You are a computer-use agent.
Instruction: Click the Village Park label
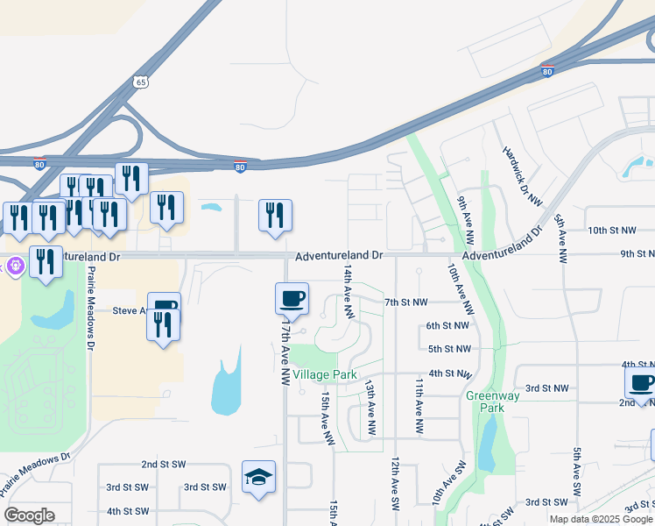[x=325, y=374]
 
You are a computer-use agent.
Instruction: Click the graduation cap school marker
[x=258, y=477]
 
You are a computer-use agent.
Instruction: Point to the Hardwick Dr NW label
[x=522, y=175]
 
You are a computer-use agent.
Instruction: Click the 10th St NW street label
[x=611, y=231]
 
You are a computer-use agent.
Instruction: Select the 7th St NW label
[x=406, y=302]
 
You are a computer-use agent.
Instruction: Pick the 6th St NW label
[x=448, y=325]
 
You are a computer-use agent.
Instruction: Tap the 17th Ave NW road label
[x=285, y=352]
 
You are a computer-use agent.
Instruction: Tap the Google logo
[x=29, y=515]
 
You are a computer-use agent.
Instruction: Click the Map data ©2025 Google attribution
[x=600, y=519]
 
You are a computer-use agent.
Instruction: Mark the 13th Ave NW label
[x=370, y=408]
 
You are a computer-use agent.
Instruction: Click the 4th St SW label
[x=128, y=511]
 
